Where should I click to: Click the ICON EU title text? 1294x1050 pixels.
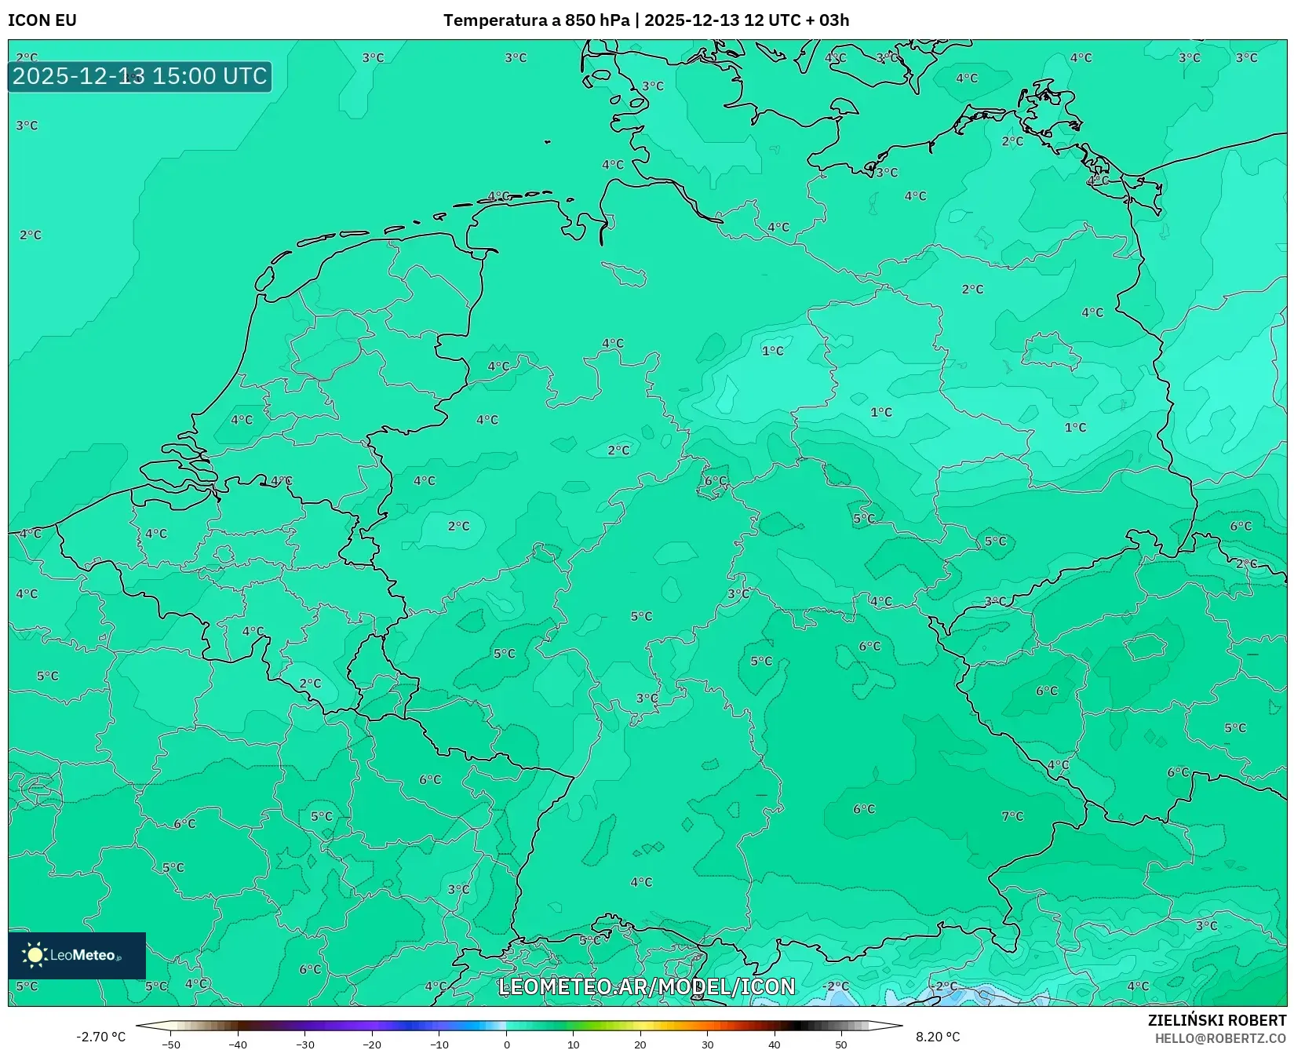coord(42,20)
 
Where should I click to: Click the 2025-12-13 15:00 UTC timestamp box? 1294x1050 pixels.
coord(140,76)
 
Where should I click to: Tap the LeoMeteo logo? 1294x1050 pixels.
coord(76,955)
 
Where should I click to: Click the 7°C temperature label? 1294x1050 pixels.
coord(1012,816)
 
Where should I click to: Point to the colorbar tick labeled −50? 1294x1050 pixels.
coord(171,1045)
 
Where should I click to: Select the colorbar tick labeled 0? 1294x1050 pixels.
coord(506,1045)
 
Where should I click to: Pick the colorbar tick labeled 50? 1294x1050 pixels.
coord(841,1045)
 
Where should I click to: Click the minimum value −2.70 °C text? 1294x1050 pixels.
coord(100,1037)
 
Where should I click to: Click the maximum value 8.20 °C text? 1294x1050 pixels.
coord(938,1037)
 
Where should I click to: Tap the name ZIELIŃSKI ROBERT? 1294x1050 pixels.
coord(1216,1020)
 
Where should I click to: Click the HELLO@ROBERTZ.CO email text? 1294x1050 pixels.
coord(1219,1038)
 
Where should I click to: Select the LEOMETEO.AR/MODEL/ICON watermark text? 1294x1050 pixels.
coord(647,986)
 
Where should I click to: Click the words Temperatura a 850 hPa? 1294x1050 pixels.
coord(536,20)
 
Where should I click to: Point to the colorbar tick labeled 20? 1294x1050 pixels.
coord(640,1045)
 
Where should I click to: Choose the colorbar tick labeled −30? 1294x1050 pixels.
coord(305,1045)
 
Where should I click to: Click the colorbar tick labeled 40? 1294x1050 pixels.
coord(775,1045)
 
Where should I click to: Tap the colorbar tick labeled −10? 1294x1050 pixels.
coord(439,1045)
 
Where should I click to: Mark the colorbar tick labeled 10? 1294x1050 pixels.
coord(574,1045)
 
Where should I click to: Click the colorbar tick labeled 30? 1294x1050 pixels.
coord(708,1045)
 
